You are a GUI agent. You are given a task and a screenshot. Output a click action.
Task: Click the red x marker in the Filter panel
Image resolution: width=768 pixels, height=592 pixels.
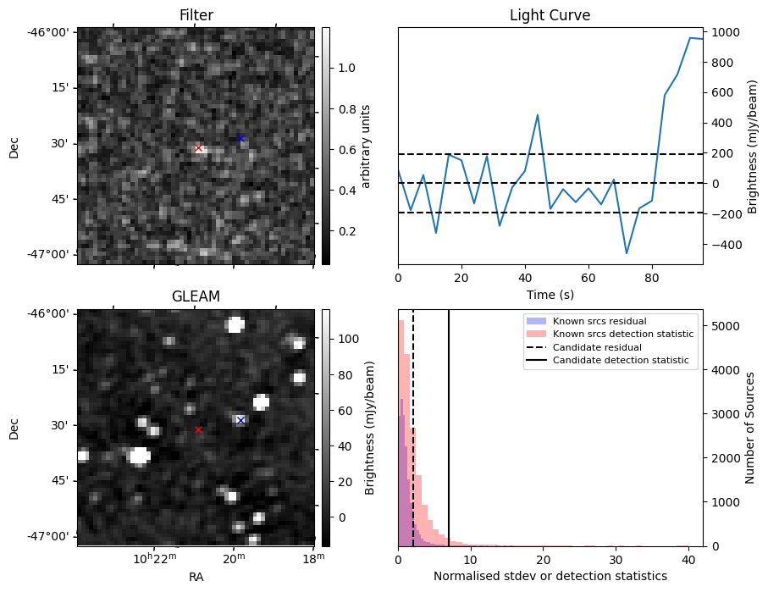pos(198,148)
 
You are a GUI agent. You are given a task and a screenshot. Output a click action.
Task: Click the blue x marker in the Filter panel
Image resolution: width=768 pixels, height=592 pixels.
pos(240,138)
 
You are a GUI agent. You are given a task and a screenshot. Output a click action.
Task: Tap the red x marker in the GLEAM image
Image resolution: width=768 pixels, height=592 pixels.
pos(198,430)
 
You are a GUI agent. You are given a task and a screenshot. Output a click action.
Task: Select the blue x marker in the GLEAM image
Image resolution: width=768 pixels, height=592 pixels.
pos(240,420)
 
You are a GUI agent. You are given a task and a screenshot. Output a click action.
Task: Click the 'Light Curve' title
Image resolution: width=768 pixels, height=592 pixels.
pos(550,15)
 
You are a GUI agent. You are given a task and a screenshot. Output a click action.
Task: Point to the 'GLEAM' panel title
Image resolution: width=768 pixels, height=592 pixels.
pos(196,296)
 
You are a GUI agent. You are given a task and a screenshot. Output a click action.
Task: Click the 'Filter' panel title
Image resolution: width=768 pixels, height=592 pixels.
pos(196,15)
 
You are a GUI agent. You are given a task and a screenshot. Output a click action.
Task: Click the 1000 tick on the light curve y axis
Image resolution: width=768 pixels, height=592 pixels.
pos(727,33)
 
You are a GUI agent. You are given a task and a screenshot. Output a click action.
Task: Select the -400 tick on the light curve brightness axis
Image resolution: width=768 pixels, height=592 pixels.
pos(727,245)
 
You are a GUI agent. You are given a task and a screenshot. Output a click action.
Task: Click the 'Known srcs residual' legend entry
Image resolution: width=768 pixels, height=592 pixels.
pos(599,322)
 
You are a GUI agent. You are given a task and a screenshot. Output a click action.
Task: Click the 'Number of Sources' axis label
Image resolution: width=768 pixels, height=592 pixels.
pos(750,428)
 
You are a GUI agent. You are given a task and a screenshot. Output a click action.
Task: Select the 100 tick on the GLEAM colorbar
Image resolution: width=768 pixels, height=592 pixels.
pos(350,339)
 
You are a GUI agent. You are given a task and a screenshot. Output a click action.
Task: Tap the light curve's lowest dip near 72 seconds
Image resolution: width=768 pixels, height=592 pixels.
pos(627,253)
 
